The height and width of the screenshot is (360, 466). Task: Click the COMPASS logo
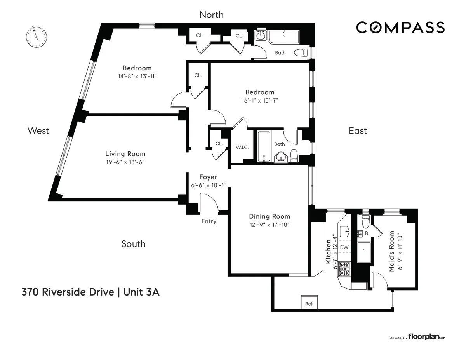coord(400,28)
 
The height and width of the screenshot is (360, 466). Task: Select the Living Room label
coord(125,154)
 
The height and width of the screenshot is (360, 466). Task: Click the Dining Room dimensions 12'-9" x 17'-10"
coord(270,224)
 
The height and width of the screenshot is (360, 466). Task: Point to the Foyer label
coord(208,177)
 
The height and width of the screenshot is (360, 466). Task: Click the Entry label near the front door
coord(209,221)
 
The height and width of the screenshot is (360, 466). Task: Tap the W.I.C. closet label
coord(242,148)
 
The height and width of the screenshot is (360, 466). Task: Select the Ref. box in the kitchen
coord(309,303)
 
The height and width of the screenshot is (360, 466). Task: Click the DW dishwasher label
coord(344,247)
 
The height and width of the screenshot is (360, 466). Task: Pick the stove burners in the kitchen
coord(344,268)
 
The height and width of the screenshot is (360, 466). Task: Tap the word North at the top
coord(211,15)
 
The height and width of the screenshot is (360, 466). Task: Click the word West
coord(38,131)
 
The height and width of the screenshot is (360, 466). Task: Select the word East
coord(357,131)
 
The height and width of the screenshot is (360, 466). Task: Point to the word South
coord(133,244)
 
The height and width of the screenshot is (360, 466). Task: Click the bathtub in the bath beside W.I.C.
coord(264,146)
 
